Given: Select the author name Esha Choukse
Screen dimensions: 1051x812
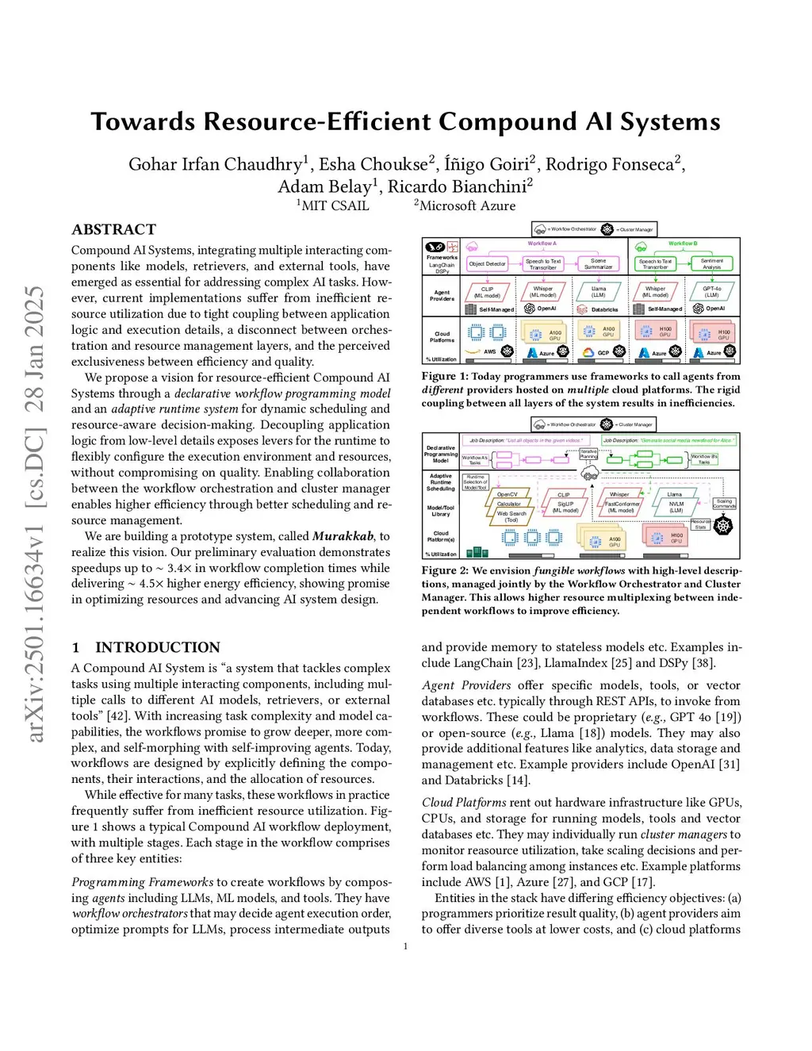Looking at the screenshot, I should (373, 164).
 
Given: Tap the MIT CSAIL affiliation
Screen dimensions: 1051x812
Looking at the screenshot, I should (335, 205).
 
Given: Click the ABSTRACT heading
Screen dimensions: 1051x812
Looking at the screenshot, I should (113, 229).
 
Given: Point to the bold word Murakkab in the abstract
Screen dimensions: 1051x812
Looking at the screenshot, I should (343, 536).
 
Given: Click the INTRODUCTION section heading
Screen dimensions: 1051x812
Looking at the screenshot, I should (157, 647).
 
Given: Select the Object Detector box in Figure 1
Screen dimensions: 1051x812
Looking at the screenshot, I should (487, 263).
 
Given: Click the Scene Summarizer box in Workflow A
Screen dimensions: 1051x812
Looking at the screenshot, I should (598, 263).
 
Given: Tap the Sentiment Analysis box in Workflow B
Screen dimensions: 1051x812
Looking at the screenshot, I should (711, 263).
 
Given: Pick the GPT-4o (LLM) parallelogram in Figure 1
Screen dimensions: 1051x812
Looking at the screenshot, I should (711, 292).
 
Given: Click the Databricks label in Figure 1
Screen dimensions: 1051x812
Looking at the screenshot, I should (604, 309).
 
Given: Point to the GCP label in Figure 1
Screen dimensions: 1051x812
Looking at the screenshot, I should (603, 352).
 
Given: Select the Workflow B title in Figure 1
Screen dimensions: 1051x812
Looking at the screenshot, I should (682, 244).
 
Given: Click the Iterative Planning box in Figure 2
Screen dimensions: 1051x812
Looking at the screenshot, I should (588, 454).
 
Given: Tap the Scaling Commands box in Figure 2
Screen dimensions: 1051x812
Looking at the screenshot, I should (724, 504).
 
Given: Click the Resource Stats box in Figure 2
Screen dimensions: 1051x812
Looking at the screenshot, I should (700, 524).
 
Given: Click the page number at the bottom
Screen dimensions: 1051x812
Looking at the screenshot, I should (405, 946).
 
